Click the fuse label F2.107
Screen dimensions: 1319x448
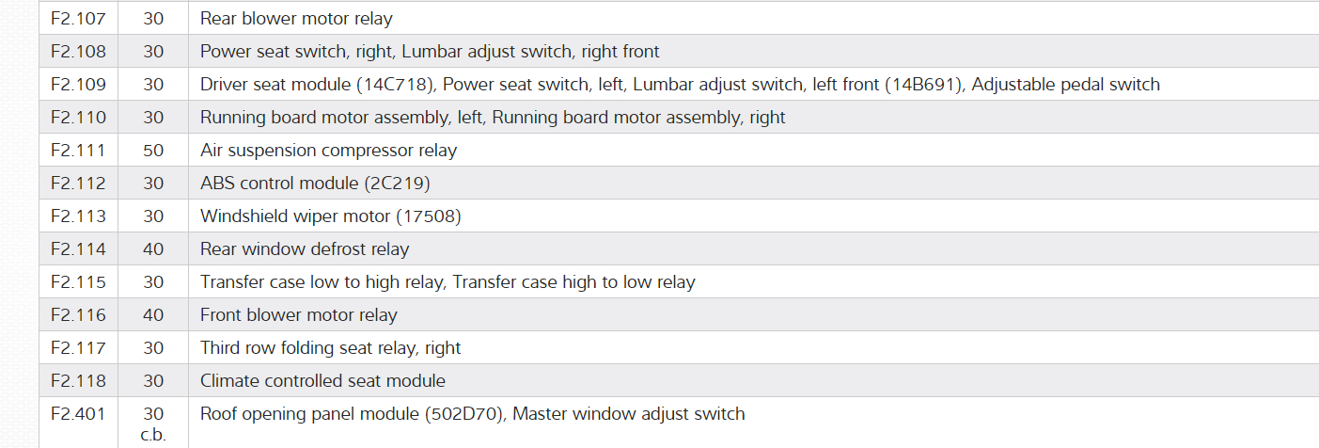(x=78, y=19)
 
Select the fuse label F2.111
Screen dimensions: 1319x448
(x=78, y=151)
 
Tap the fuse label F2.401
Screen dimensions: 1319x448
(x=78, y=414)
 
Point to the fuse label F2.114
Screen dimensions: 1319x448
(x=78, y=249)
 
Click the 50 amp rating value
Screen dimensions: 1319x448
(x=153, y=151)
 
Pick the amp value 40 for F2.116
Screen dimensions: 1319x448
(x=153, y=315)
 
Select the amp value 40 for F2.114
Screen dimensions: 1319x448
(x=153, y=249)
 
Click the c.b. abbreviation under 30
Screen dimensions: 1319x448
(x=153, y=435)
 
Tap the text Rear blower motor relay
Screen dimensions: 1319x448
(x=296, y=19)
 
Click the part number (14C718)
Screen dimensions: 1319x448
(x=395, y=85)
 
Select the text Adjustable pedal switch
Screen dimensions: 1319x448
(x=1066, y=85)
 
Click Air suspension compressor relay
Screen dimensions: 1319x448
(x=328, y=151)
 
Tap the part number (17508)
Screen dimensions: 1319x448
(x=428, y=216)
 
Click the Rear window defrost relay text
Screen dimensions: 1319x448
(x=305, y=249)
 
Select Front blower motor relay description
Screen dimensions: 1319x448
(x=298, y=315)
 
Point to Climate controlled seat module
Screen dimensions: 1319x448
(x=322, y=381)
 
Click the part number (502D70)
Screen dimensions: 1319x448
(x=463, y=414)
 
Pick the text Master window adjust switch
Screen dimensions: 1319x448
(x=629, y=414)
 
